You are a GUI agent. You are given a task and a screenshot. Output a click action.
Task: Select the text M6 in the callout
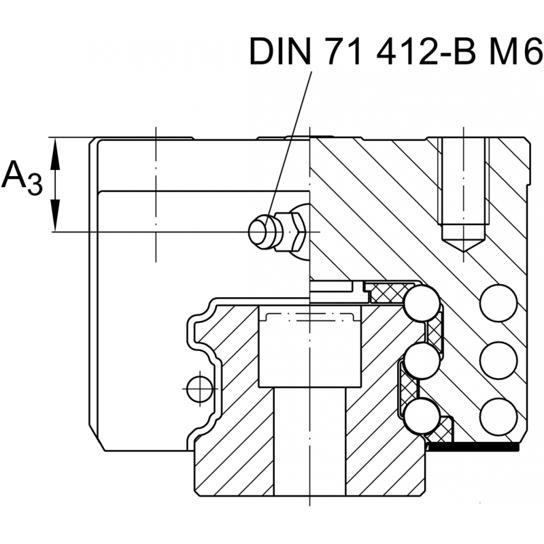(511, 52)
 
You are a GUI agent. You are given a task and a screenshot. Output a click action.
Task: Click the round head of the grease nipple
(260, 231)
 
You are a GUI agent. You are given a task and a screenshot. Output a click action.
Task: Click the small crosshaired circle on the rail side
(199, 388)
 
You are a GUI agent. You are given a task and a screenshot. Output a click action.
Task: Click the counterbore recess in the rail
(309, 347)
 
